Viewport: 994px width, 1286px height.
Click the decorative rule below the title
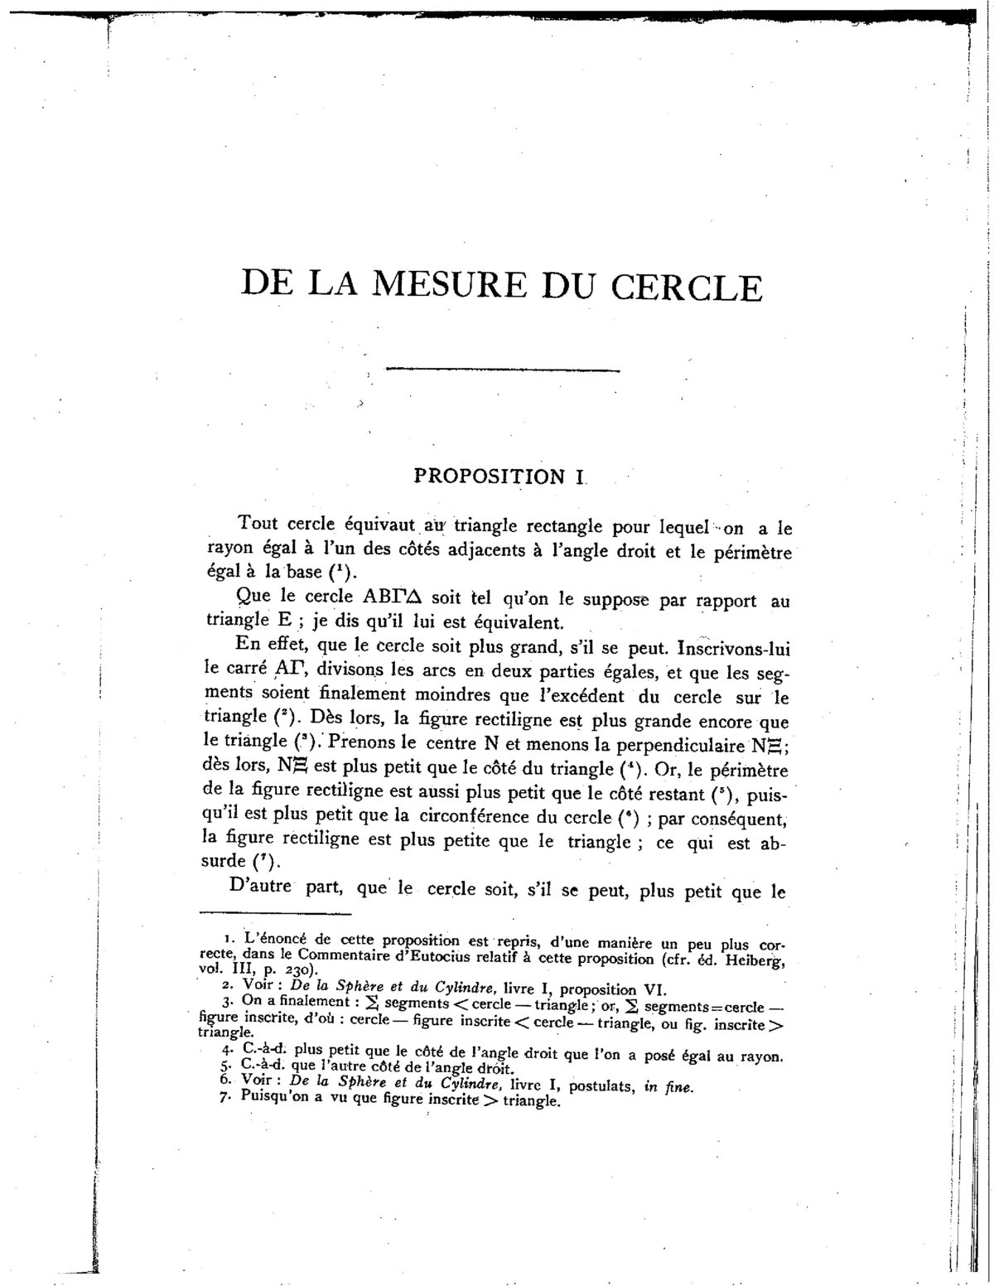point(503,369)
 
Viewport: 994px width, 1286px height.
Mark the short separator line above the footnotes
point(276,915)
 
